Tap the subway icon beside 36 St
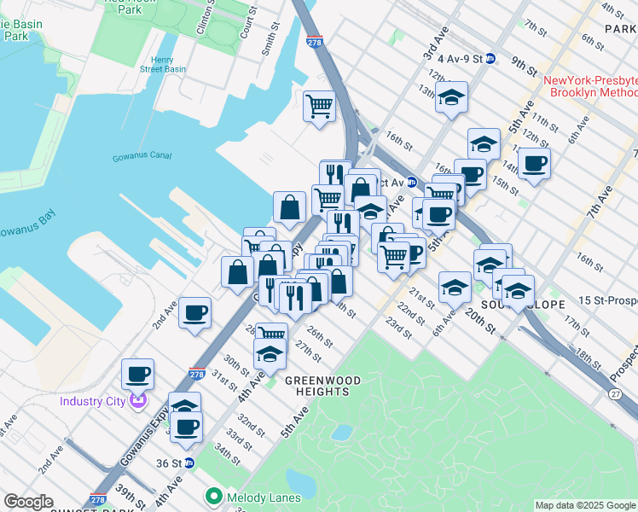(x=190, y=463)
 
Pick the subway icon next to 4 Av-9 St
(x=490, y=59)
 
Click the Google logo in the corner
(x=29, y=502)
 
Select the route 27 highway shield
(x=616, y=393)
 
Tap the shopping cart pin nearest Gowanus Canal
(x=319, y=106)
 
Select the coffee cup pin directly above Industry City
(x=137, y=373)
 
